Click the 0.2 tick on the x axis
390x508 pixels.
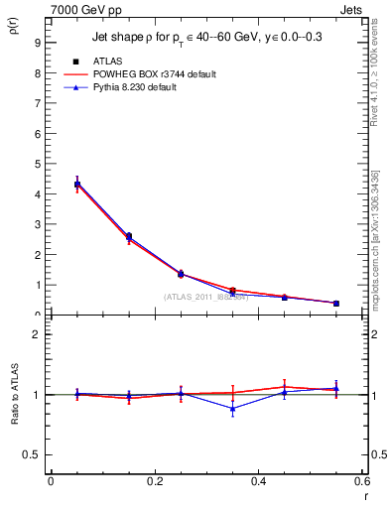coord(154,481)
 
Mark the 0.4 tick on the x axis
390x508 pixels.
coord(258,481)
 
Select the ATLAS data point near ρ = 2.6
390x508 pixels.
coord(128,236)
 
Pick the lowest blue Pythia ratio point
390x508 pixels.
coord(232,408)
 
